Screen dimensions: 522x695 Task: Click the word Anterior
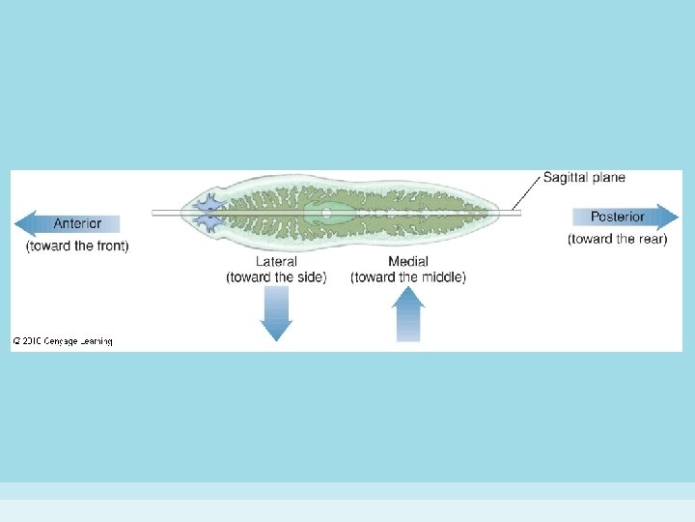(x=77, y=223)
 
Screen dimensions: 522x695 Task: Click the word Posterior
(x=618, y=217)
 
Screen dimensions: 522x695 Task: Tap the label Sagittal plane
(x=584, y=178)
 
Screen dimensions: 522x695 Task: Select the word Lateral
(x=276, y=262)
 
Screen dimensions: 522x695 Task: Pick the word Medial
(x=408, y=262)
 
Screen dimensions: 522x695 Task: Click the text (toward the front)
(x=77, y=246)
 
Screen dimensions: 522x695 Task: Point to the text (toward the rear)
(x=618, y=239)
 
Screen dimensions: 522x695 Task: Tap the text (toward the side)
(x=276, y=277)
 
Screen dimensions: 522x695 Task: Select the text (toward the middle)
(x=408, y=277)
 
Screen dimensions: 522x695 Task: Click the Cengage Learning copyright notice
(x=63, y=340)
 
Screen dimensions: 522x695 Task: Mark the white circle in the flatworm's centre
(x=326, y=212)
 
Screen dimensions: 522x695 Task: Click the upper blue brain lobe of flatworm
(x=208, y=204)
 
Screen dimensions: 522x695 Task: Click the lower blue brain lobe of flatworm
(x=208, y=221)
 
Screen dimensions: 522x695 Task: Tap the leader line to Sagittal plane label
(x=526, y=193)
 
